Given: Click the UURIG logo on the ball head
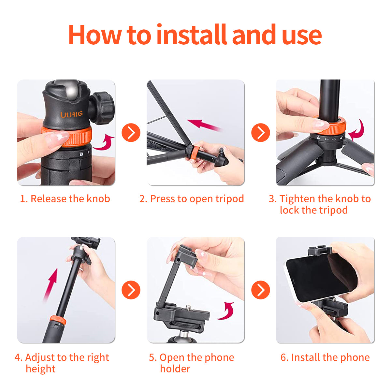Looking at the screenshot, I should pos(71,114).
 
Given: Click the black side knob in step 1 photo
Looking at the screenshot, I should pos(103,108).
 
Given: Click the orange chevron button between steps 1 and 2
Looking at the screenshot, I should pos(131,133).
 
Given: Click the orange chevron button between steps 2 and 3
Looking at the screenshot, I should pos(261,133).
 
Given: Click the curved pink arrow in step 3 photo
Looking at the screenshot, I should pos(357,130).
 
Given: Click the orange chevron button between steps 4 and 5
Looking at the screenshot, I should pos(131,290).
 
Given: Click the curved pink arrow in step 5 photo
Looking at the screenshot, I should pos(226,311).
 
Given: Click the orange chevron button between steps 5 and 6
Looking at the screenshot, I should pos(261,290).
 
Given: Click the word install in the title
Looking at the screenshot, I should pos(192,35).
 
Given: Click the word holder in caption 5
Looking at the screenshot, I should pos(175,369).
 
